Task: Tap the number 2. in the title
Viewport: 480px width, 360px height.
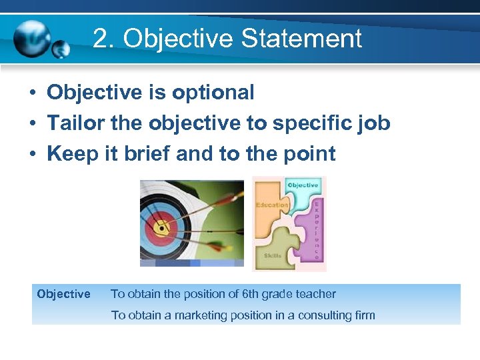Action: click(x=105, y=39)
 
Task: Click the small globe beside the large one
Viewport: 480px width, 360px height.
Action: click(x=61, y=49)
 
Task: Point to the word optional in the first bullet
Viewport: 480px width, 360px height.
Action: click(x=213, y=93)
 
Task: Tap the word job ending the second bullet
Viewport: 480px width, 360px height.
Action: click(x=375, y=123)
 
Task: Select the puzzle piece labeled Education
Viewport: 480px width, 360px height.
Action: click(x=272, y=205)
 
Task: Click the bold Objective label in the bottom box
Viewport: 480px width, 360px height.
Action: click(x=64, y=294)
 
